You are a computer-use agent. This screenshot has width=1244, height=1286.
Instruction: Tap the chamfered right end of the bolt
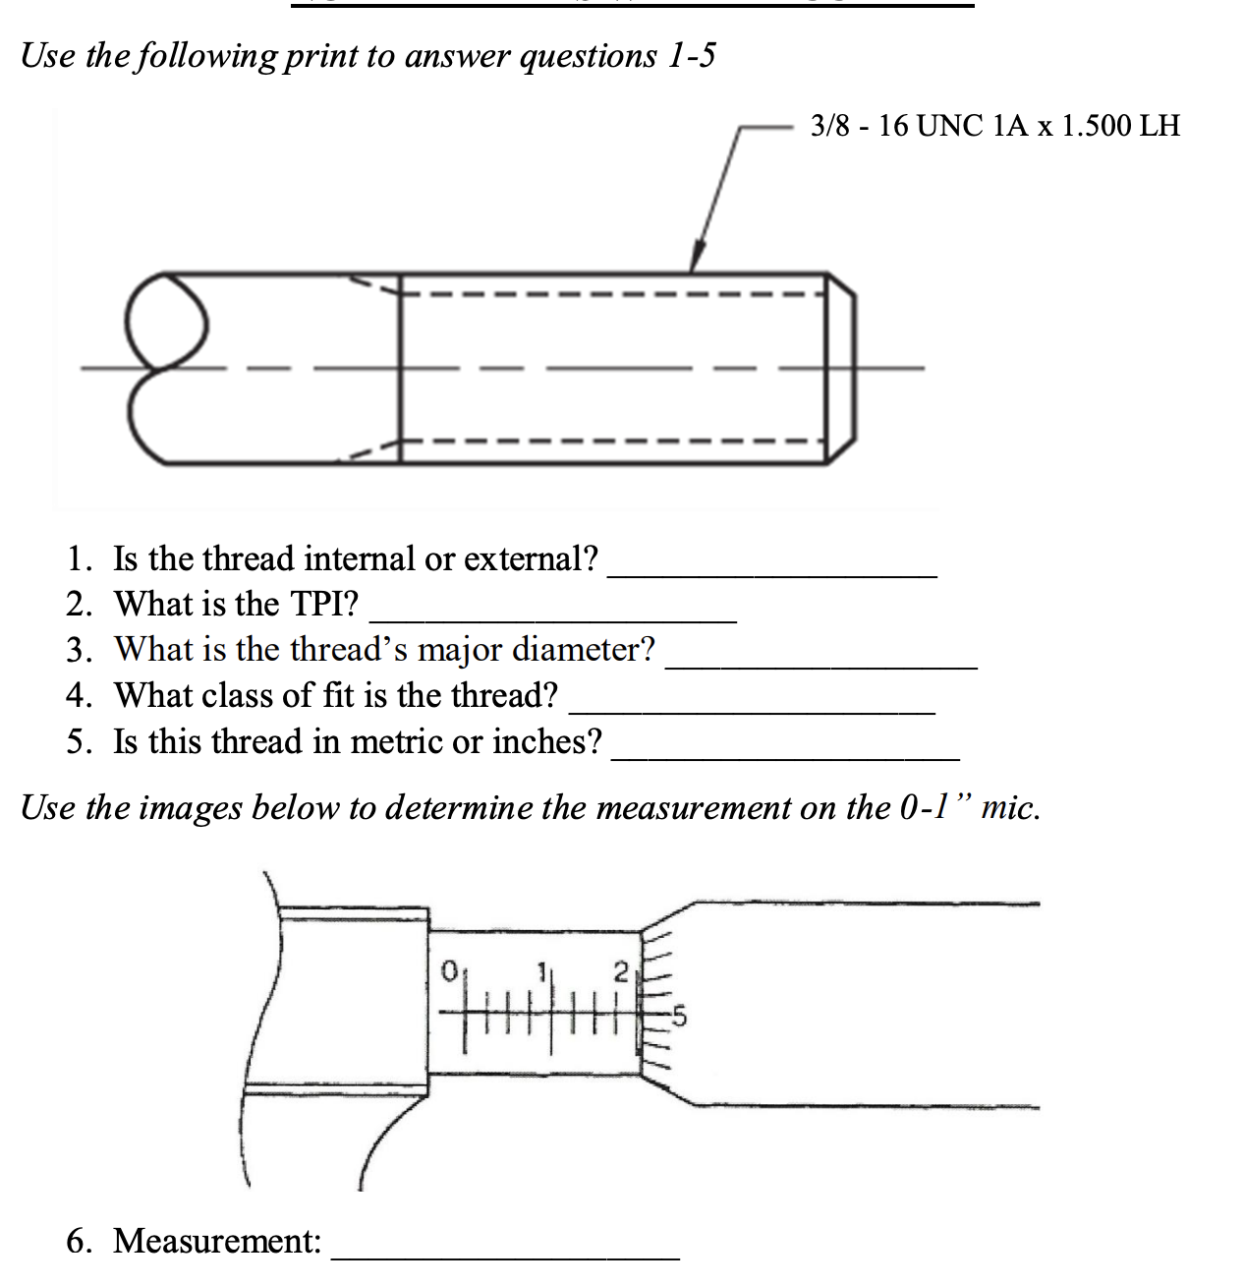841,368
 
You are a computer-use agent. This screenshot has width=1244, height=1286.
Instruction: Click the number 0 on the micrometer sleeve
448,970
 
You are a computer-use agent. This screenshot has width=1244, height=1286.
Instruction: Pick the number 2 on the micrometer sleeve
619,971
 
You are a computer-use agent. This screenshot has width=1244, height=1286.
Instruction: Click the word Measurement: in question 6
217,1241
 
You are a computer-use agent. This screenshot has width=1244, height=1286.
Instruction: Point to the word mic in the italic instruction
1008,807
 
